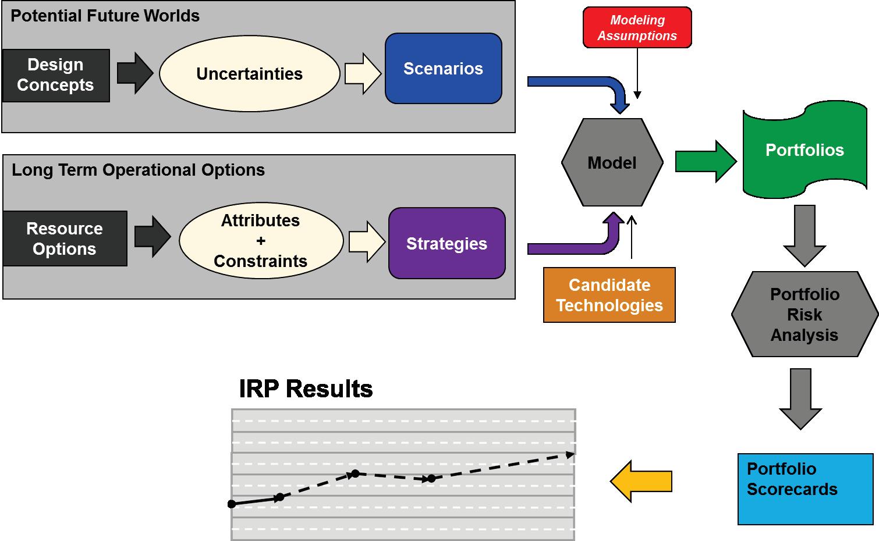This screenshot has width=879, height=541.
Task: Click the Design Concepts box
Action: (x=56, y=76)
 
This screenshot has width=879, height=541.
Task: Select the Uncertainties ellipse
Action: (x=249, y=74)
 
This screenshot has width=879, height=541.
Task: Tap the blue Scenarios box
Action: (x=443, y=69)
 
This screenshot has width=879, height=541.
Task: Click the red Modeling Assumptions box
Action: (x=637, y=27)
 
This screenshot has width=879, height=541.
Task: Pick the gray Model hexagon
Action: (x=612, y=162)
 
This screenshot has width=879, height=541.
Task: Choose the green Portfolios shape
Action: (x=804, y=150)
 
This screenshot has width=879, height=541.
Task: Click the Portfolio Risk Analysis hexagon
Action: (x=804, y=314)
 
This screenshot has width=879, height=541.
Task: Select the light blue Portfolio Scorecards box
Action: (x=805, y=489)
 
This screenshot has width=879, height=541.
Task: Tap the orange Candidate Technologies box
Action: (x=609, y=295)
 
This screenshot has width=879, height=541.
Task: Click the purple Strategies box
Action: (x=446, y=243)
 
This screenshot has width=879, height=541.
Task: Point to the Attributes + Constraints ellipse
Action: (x=261, y=241)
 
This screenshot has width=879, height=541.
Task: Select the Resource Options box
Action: (x=65, y=239)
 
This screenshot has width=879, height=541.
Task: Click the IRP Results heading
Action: (x=306, y=389)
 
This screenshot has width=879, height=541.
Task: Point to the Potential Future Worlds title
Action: (x=105, y=16)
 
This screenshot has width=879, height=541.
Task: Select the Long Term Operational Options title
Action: (x=138, y=170)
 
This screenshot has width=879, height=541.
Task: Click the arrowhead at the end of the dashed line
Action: (x=570, y=454)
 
